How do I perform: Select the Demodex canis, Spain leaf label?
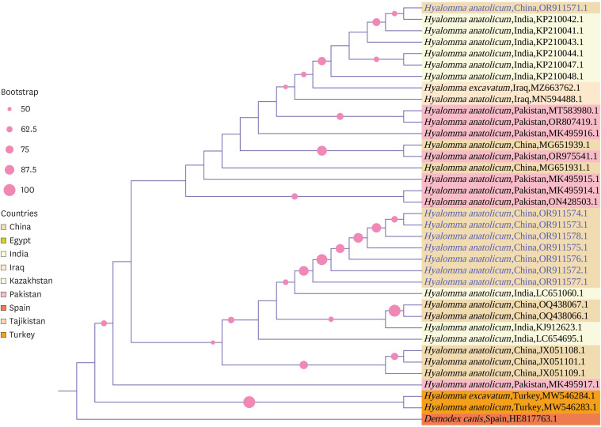[x=490, y=418]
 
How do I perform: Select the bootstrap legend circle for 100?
[x=10, y=190]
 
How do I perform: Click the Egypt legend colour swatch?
[x=5, y=240]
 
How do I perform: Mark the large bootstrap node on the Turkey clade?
[x=249, y=402]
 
